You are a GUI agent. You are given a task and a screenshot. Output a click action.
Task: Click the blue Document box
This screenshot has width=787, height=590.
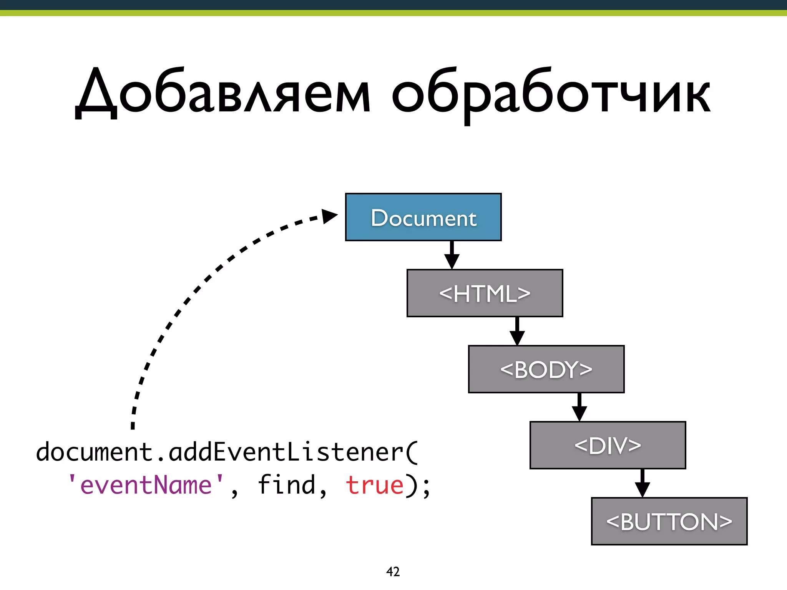pos(423,217)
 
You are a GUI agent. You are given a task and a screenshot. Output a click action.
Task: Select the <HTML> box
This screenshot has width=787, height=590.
pos(485,293)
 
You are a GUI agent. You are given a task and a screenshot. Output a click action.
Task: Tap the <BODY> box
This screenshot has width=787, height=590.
pos(546,370)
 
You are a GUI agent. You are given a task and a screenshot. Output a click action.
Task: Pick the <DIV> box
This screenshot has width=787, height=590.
pos(608,446)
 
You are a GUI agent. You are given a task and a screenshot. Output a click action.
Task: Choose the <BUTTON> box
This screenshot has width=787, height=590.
pos(669,522)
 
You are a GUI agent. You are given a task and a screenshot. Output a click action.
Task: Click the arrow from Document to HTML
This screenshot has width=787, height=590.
pos(452,255)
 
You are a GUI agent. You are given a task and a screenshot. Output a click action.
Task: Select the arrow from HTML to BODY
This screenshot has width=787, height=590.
pos(517,331)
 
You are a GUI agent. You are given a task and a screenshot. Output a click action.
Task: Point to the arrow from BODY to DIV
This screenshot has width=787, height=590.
pos(579,407)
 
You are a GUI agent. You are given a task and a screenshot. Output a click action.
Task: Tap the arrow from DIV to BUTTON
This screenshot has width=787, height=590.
pos(642,483)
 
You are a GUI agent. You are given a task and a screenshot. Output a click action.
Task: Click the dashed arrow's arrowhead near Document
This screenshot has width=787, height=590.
pos(329,216)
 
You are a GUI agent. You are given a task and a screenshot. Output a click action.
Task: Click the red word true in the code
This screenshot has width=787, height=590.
pos(375,485)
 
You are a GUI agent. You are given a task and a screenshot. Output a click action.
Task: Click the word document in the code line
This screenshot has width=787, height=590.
pos(95,452)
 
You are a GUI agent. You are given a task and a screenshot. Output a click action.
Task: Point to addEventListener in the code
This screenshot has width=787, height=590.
pos(286,452)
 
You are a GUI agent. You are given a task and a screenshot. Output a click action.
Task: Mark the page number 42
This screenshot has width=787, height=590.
pos(393,572)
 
